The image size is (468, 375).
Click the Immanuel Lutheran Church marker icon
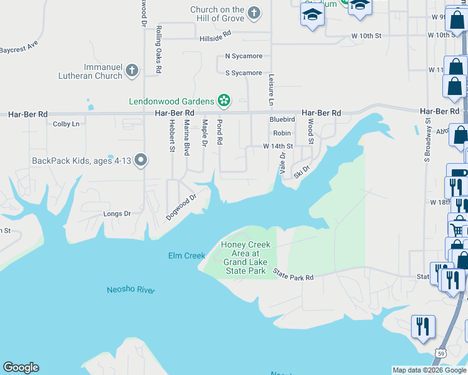tap(131, 71)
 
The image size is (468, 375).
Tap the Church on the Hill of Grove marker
tap(254, 12)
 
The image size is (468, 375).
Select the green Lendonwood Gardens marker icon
tap(223, 101)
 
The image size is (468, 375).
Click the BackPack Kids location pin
tap(141, 161)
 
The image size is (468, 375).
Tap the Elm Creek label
tap(186, 255)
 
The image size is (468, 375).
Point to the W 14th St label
tap(278, 146)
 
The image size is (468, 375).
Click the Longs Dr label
tap(117, 214)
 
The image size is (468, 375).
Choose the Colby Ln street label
tap(66, 124)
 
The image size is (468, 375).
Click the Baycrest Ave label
tap(19, 47)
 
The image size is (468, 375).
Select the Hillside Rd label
tap(215, 38)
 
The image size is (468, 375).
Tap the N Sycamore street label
tap(243, 56)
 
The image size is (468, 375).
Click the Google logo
tap(21, 367)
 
